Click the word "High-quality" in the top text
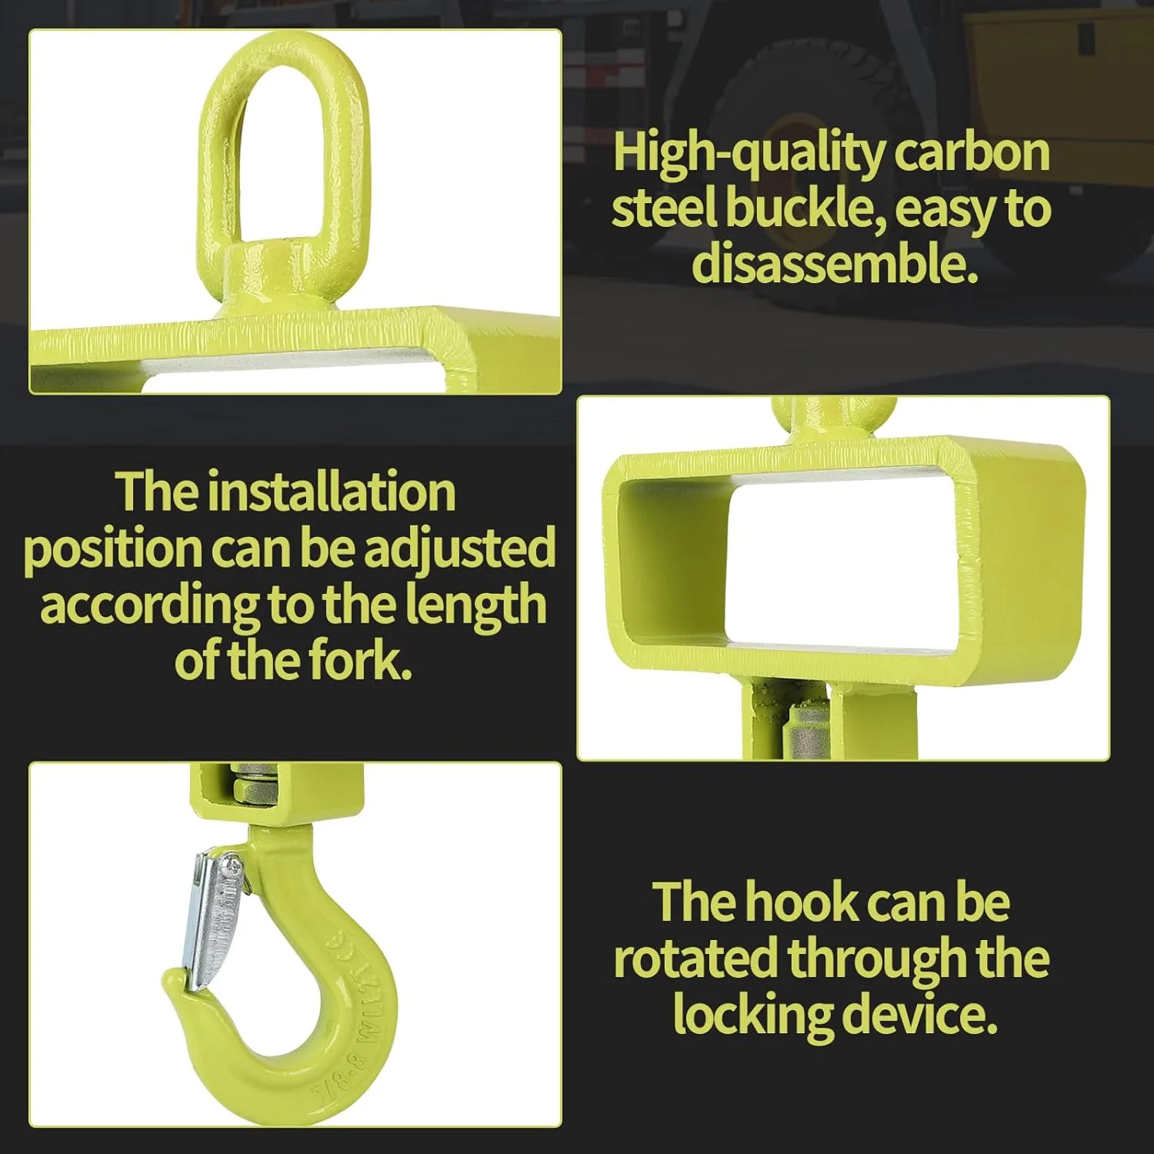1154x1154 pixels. point(749,154)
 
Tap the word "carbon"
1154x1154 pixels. point(972,152)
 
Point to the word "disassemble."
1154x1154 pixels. point(835,263)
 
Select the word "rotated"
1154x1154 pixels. point(696,959)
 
